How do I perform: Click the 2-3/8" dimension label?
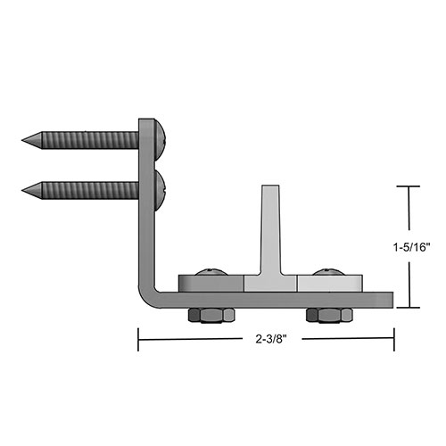coord(271,339)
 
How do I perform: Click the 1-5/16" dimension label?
coord(412,247)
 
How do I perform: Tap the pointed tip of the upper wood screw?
coord(22,139)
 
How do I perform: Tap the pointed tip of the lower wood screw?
coord(22,190)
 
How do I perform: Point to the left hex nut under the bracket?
coord(211,315)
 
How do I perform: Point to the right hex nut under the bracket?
coord(329,315)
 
